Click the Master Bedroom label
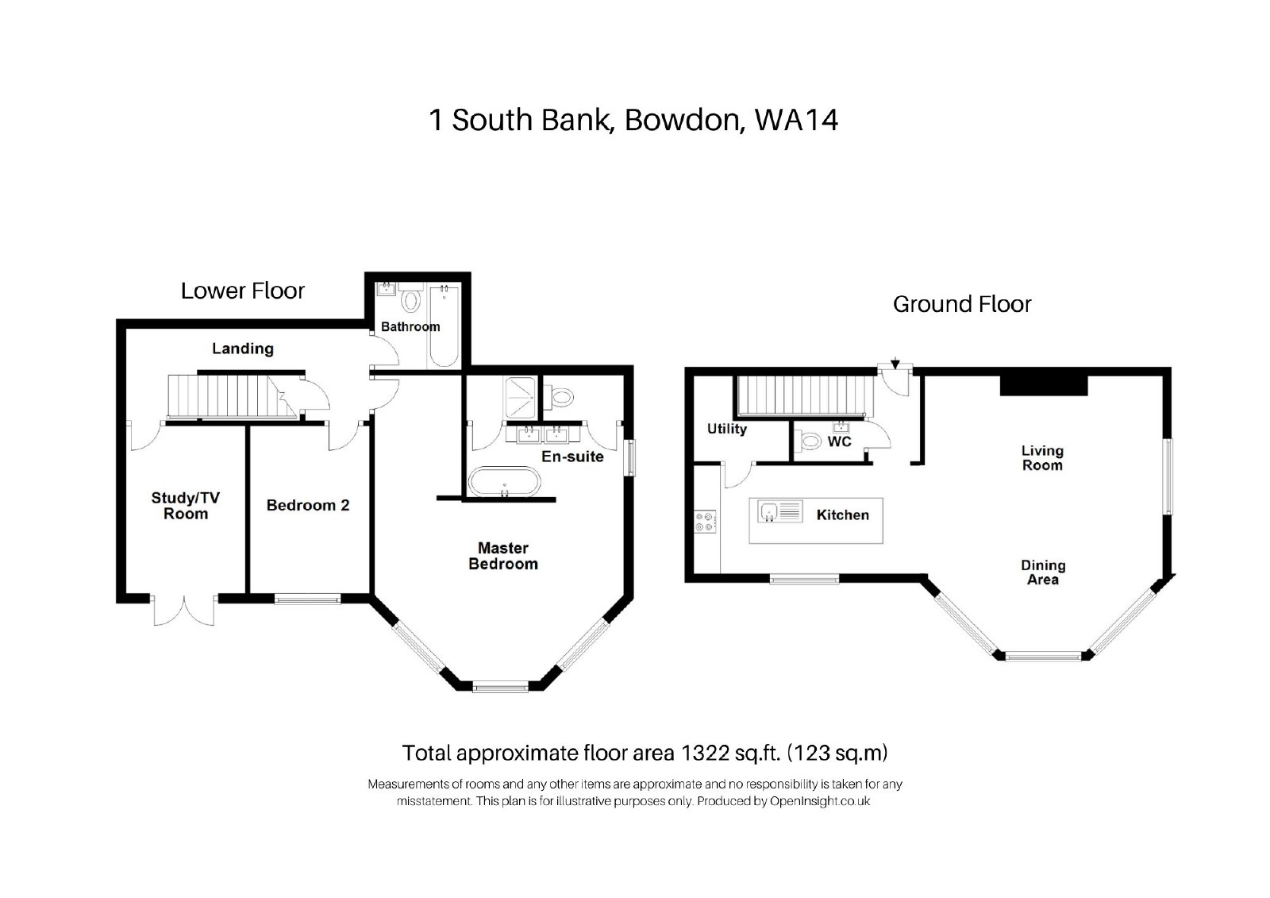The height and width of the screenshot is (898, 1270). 503,556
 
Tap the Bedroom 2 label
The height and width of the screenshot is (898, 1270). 308,506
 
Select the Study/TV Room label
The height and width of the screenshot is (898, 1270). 186,506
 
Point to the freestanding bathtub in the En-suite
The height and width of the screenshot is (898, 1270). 505,482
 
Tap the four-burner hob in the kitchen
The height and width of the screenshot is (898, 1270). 706,522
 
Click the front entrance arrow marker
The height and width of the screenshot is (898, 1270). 895,363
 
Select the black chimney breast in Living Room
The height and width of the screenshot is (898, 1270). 1044,385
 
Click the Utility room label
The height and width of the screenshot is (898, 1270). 727,429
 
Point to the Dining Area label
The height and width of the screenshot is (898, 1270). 1043,572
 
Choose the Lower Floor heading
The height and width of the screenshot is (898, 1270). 243,291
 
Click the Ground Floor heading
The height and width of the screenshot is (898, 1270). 962,305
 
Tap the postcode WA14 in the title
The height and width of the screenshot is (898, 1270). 796,120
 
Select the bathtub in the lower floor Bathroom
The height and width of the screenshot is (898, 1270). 444,326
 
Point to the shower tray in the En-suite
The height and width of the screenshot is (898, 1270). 520,398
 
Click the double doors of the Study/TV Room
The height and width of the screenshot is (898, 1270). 184,610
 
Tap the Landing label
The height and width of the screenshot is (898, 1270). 243,349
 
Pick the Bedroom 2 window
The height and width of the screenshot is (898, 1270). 308,599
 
